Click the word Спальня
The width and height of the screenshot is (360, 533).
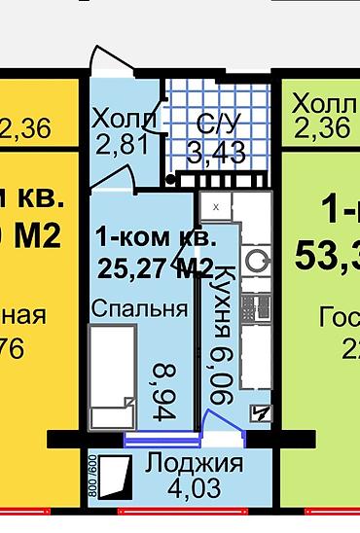[140, 308]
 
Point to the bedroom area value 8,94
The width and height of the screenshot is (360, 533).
[166, 388]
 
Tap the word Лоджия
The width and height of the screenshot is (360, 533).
[195, 463]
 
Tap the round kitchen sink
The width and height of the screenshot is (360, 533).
[259, 259]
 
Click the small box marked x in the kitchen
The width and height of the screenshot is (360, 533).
[216, 207]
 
